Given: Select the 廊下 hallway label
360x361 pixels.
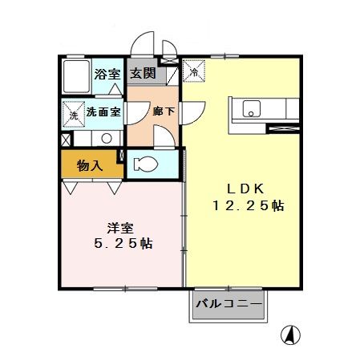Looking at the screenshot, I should tap(164, 111).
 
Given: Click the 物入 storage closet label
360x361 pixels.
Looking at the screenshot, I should tap(89, 166).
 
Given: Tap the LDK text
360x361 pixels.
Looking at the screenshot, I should tap(241, 188).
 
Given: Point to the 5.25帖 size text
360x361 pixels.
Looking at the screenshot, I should tap(121, 243).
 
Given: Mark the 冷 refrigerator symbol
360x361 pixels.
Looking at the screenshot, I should tap(194, 72).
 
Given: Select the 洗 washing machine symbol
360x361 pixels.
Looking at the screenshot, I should tap(74, 115).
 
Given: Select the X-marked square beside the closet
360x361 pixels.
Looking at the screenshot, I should tap(65, 139).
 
